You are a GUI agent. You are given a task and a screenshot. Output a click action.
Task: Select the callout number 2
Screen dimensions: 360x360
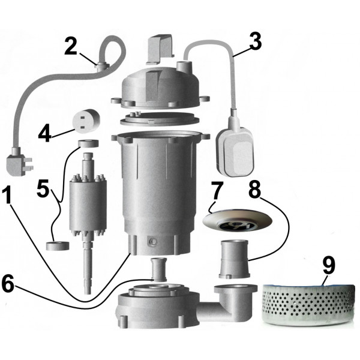[71, 46]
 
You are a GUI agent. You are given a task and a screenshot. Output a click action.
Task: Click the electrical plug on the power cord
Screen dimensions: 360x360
[17, 161]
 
